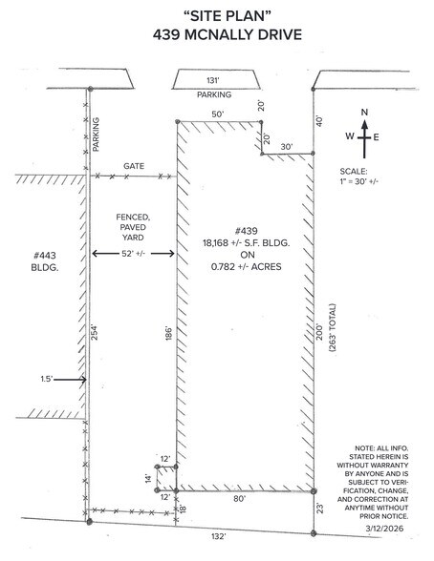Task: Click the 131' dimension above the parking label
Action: tap(213, 80)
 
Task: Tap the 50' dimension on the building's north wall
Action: tap(218, 114)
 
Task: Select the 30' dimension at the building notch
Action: tap(287, 147)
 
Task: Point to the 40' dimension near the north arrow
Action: tap(319, 121)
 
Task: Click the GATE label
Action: tap(134, 166)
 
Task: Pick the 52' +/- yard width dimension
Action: tap(133, 254)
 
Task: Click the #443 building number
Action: tap(45, 256)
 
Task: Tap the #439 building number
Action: tap(247, 231)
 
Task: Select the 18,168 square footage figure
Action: tap(215, 243)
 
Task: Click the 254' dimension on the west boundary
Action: tap(95, 332)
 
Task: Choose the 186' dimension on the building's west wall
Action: tap(169, 333)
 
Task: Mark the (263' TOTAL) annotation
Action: tap(333, 328)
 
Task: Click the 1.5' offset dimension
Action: tap(47, 379)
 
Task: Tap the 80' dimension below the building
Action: tap(239, 499)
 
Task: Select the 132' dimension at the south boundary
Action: tap(218, 536)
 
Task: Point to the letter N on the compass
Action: tap(364, 113)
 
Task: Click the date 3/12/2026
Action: tap(384, 529)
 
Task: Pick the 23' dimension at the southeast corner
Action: tap(320, 509)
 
